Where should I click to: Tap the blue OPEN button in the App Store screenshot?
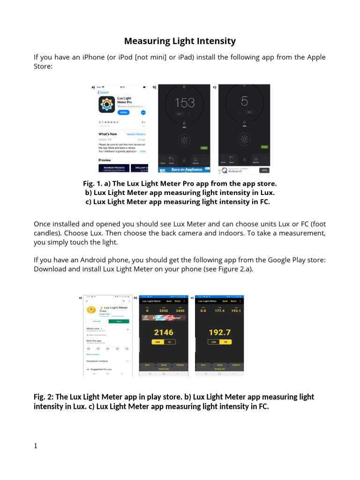[x=123, y=112]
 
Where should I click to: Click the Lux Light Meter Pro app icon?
[x=106, y=105]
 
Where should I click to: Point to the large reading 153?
[x=184, y=103]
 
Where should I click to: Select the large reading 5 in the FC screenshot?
[x=244, y=101]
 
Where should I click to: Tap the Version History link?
[x=136, y=134]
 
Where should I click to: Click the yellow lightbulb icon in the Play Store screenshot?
[x=90, y=310]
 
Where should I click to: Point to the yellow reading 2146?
[x=163, y=332]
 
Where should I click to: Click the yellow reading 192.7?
[x=219, y=332]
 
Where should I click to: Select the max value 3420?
[x=180, y=310]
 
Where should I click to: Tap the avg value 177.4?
[x=219, y=310]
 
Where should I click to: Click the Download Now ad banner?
[x=164, y=318]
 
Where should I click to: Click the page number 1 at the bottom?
[x=36, y=446]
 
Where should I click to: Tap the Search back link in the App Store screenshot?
[x=103, y=92]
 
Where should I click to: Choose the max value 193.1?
[x=236, y=310]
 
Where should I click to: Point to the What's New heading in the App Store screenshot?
[x=107, y=134]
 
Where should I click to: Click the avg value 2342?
[x=164, y=310]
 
